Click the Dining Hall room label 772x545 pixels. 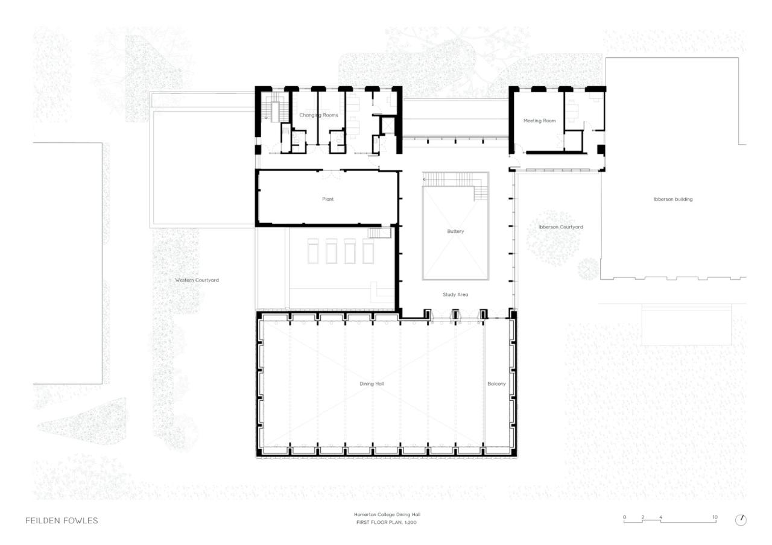click(x=372, y=383)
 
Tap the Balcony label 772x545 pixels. click(x=496, y=383)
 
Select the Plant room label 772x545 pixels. click(x=327, y=199)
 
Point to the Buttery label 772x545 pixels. click(x=455, y=231)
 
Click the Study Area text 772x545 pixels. click(x=455, y=294)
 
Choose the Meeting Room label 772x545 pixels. click(x=539, y=121)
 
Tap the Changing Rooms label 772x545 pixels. click(x=318, y=115)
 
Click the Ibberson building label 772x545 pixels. click(x=673, y=199)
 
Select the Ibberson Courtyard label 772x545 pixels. click(x=561, y=227)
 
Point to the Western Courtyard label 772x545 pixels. click(x=197, y=280)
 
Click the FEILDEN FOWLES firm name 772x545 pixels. click(x=62, y=520)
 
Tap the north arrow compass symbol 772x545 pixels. click(x=741, y=520)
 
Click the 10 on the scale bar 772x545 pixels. click(x=715, y=517)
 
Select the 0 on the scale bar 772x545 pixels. click(x=624, y=517)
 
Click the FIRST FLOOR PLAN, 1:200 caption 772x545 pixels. click(x=386, y=522)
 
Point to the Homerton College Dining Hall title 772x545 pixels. click(x=386, y=514)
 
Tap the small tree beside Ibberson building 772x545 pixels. click(x=587, y=268)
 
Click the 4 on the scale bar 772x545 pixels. click(x=660, y=517)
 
